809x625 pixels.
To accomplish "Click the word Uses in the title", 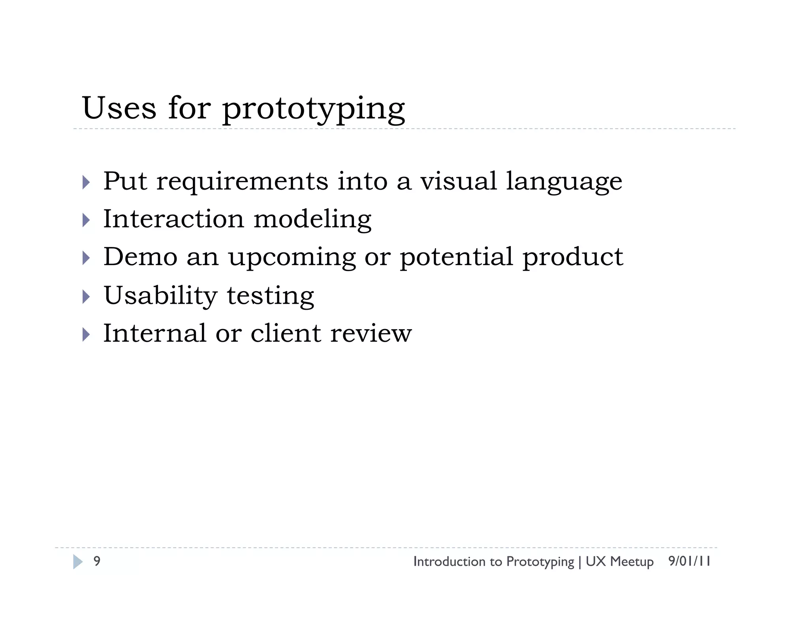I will pos(119,108).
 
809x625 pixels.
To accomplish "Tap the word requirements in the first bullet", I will pos(242,182).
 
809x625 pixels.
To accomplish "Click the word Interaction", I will pos(173,219).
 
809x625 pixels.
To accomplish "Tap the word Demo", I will pos(140,257).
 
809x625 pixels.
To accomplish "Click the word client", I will pos(286,333).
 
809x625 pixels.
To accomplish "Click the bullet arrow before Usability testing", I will pos(86,296).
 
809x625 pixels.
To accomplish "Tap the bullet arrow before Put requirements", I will pos(86,183).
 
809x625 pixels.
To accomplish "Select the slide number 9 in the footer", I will pos(97,561).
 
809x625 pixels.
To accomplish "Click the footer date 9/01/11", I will pos(689,561).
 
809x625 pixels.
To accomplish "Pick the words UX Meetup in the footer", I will pos(619,561).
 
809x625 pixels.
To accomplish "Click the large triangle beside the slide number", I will pos(78,561).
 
